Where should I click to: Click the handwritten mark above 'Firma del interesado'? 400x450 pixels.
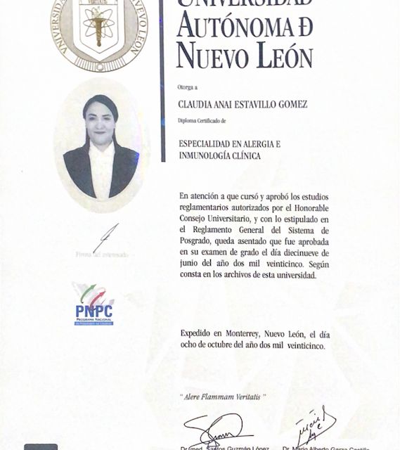106,237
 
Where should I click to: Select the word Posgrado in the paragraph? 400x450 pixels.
199,240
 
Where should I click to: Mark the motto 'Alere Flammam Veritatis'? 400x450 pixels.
224,398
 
